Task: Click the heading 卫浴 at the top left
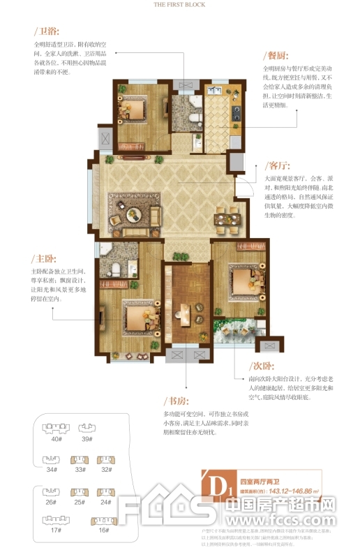click(x=48, y=31)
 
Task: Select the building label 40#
click(x=55, y=439)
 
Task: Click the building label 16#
click(x=104, y=530)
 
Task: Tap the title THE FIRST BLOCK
click(x=179, y=4)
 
